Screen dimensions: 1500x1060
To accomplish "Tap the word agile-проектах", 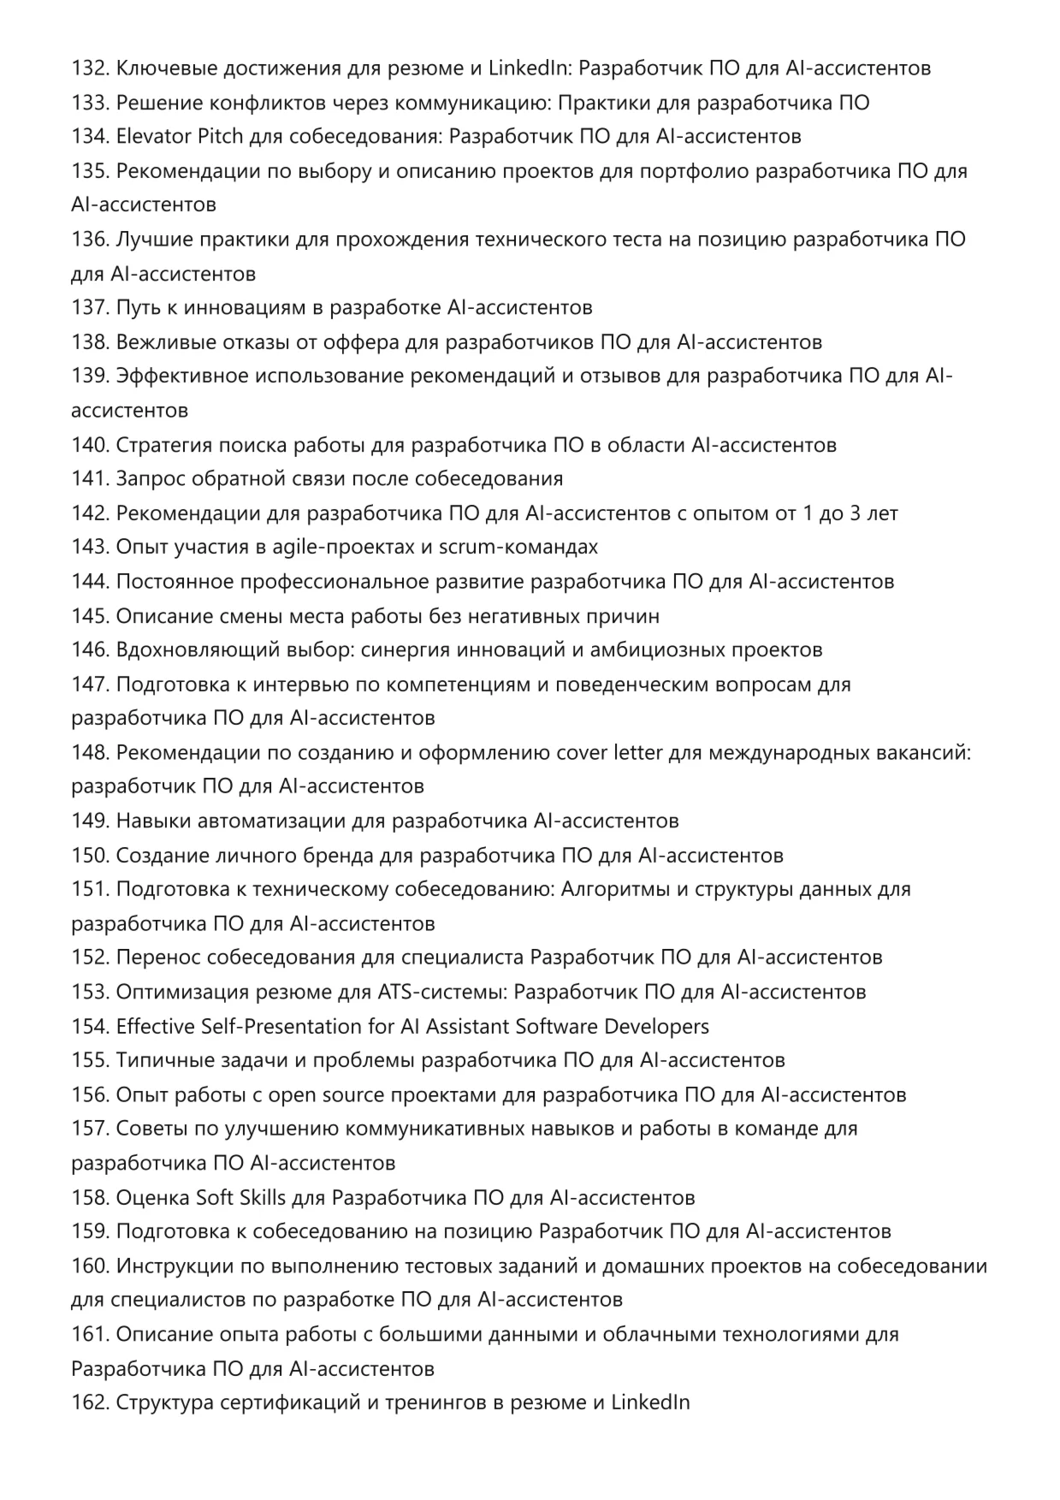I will [352, 548].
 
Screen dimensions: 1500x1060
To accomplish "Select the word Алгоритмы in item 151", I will [616, 890].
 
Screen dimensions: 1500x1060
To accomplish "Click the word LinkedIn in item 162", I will [650, 1403].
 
